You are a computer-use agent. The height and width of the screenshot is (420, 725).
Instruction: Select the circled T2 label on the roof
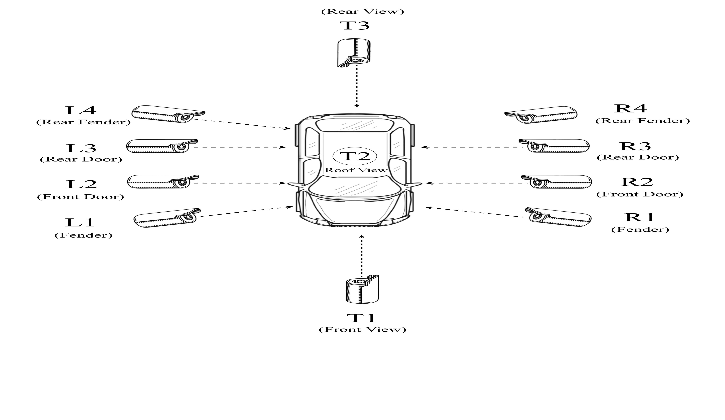click(355, 156)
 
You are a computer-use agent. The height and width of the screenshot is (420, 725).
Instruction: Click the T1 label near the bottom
click(361, 318)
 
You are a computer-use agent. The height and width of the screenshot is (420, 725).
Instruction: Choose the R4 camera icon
click(541, 115)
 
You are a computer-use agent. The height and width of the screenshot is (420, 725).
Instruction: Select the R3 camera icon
click(554, 146)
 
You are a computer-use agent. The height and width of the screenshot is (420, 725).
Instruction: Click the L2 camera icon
click(163, 182)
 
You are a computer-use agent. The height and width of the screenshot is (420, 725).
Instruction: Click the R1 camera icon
click(558, 216)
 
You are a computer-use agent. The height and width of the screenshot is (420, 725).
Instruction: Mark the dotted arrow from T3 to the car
click(357, 86)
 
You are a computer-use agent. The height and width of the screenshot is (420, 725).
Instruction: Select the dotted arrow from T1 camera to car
click(362, 256)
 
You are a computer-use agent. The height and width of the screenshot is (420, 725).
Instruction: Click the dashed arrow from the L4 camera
click(242, 124)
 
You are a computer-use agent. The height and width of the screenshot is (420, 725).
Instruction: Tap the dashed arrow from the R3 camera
click(472, 147)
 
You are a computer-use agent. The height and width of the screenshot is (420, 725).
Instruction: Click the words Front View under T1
click(362, 329)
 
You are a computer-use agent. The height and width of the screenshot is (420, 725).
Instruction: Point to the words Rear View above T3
click(362, 11)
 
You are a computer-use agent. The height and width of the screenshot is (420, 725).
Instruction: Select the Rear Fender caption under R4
click(642, 121)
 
